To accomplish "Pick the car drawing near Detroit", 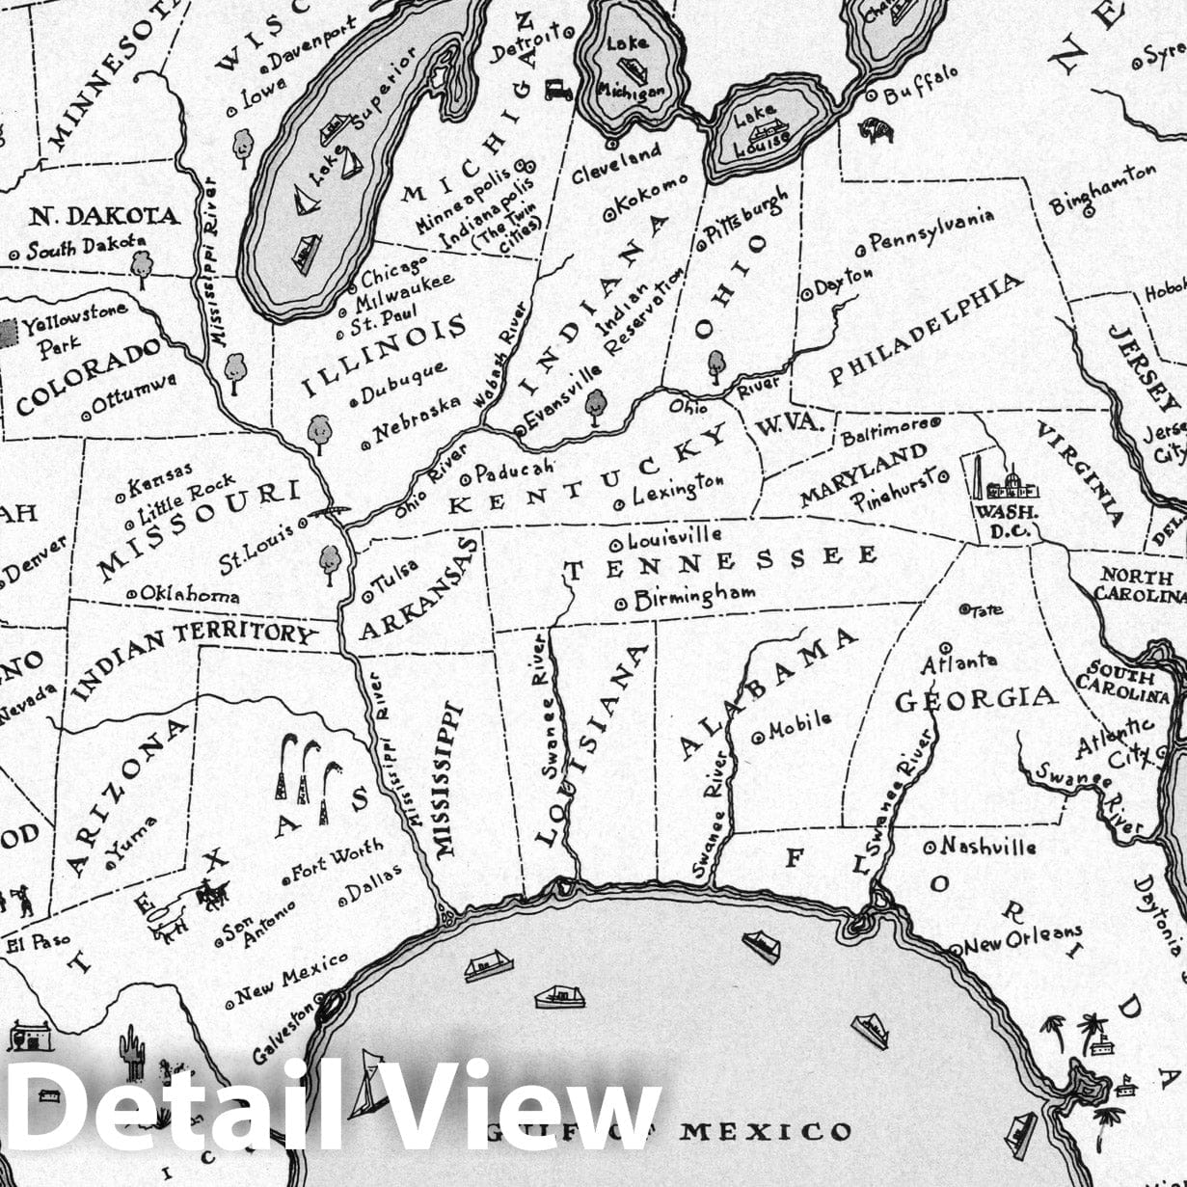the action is (x=558, y=89).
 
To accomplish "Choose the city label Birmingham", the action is (x=694, y=598).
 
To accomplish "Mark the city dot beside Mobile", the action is (x=758, y=735).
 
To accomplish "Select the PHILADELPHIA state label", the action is (x=926, y=329).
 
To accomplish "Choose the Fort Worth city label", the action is (x=337, y=862).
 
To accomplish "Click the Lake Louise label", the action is (x=761, y=126).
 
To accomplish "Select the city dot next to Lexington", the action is (x=619, y=502).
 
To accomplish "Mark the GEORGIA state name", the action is (x=976, y=699).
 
